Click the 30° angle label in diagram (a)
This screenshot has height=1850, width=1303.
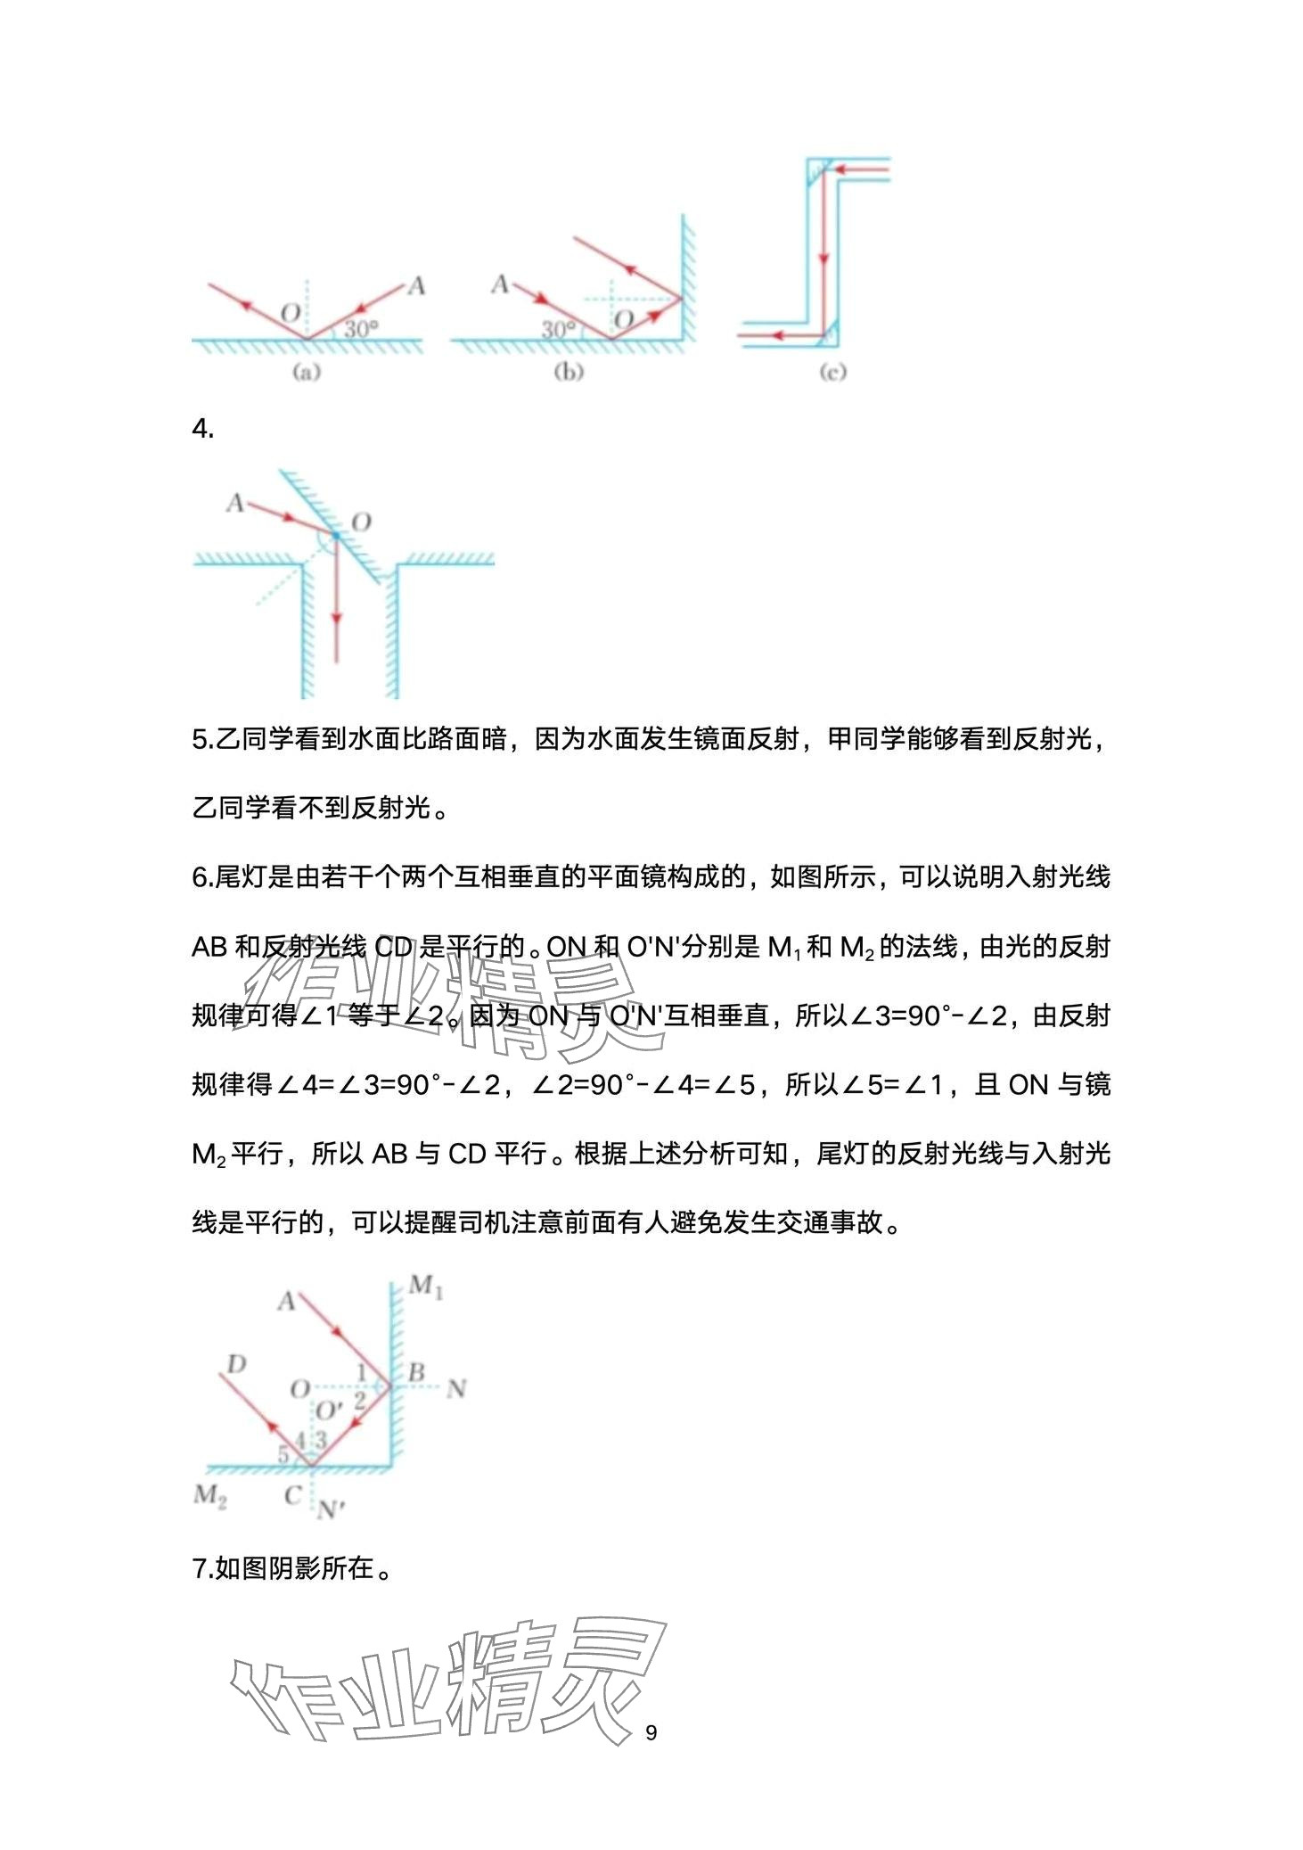[x=361, y=328]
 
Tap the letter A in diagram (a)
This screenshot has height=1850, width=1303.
[x=415, y=286]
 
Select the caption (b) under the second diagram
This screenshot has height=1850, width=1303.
[x=569, y=372]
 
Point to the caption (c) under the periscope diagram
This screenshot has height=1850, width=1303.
[x=832, y=372]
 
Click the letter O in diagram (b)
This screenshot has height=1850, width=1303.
[x=624, y=319]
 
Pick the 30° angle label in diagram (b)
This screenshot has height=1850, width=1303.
[x=559, y=329]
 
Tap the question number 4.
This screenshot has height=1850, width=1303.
[x=202, y=429]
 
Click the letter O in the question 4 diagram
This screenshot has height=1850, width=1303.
[x=360, y=522]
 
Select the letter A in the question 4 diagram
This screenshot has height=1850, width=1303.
[x=234, y=503]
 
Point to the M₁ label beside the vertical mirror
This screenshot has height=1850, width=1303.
[x=425, y=1287]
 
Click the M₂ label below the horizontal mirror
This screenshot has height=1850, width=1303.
[x=210, y=1494]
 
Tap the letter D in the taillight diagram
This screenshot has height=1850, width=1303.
[x=236, y=1364]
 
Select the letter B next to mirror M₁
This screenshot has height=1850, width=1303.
[x=415, y=1372]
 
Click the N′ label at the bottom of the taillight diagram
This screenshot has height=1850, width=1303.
[x=331, y=1509]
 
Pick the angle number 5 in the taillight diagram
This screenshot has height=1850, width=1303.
[x=283, y=1454]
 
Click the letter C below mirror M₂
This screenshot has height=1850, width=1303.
[x=292, y=1495]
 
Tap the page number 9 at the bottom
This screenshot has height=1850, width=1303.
[x=651, y=1732]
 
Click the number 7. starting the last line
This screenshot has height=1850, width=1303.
[x=202, y=1568]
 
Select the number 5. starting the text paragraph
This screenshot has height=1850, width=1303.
[x=202, y=739]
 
